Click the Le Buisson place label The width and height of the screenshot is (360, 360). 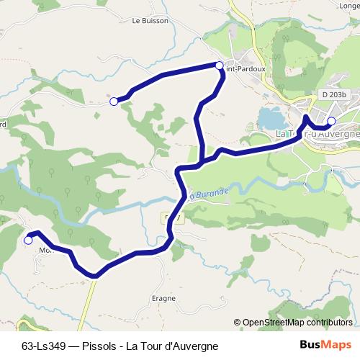point(150,21)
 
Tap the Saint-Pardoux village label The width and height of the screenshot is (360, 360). point(245,70)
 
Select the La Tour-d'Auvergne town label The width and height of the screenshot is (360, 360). point(317,134)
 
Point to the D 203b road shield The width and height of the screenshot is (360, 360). point(334,94)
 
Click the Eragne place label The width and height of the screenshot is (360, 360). point(163,297)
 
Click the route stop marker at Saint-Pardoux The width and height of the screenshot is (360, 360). point(220,66)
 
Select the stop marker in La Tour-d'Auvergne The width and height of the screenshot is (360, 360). point(331,121)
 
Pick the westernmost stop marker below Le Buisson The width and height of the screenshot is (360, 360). point(113,102)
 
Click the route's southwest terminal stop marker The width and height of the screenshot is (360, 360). point(28,240)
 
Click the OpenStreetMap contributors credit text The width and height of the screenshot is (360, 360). point(297,323)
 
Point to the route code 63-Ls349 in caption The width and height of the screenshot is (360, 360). point(45,345)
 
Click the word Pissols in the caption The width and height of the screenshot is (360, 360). point(100,345)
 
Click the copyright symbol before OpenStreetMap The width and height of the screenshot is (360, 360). point(238,323)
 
